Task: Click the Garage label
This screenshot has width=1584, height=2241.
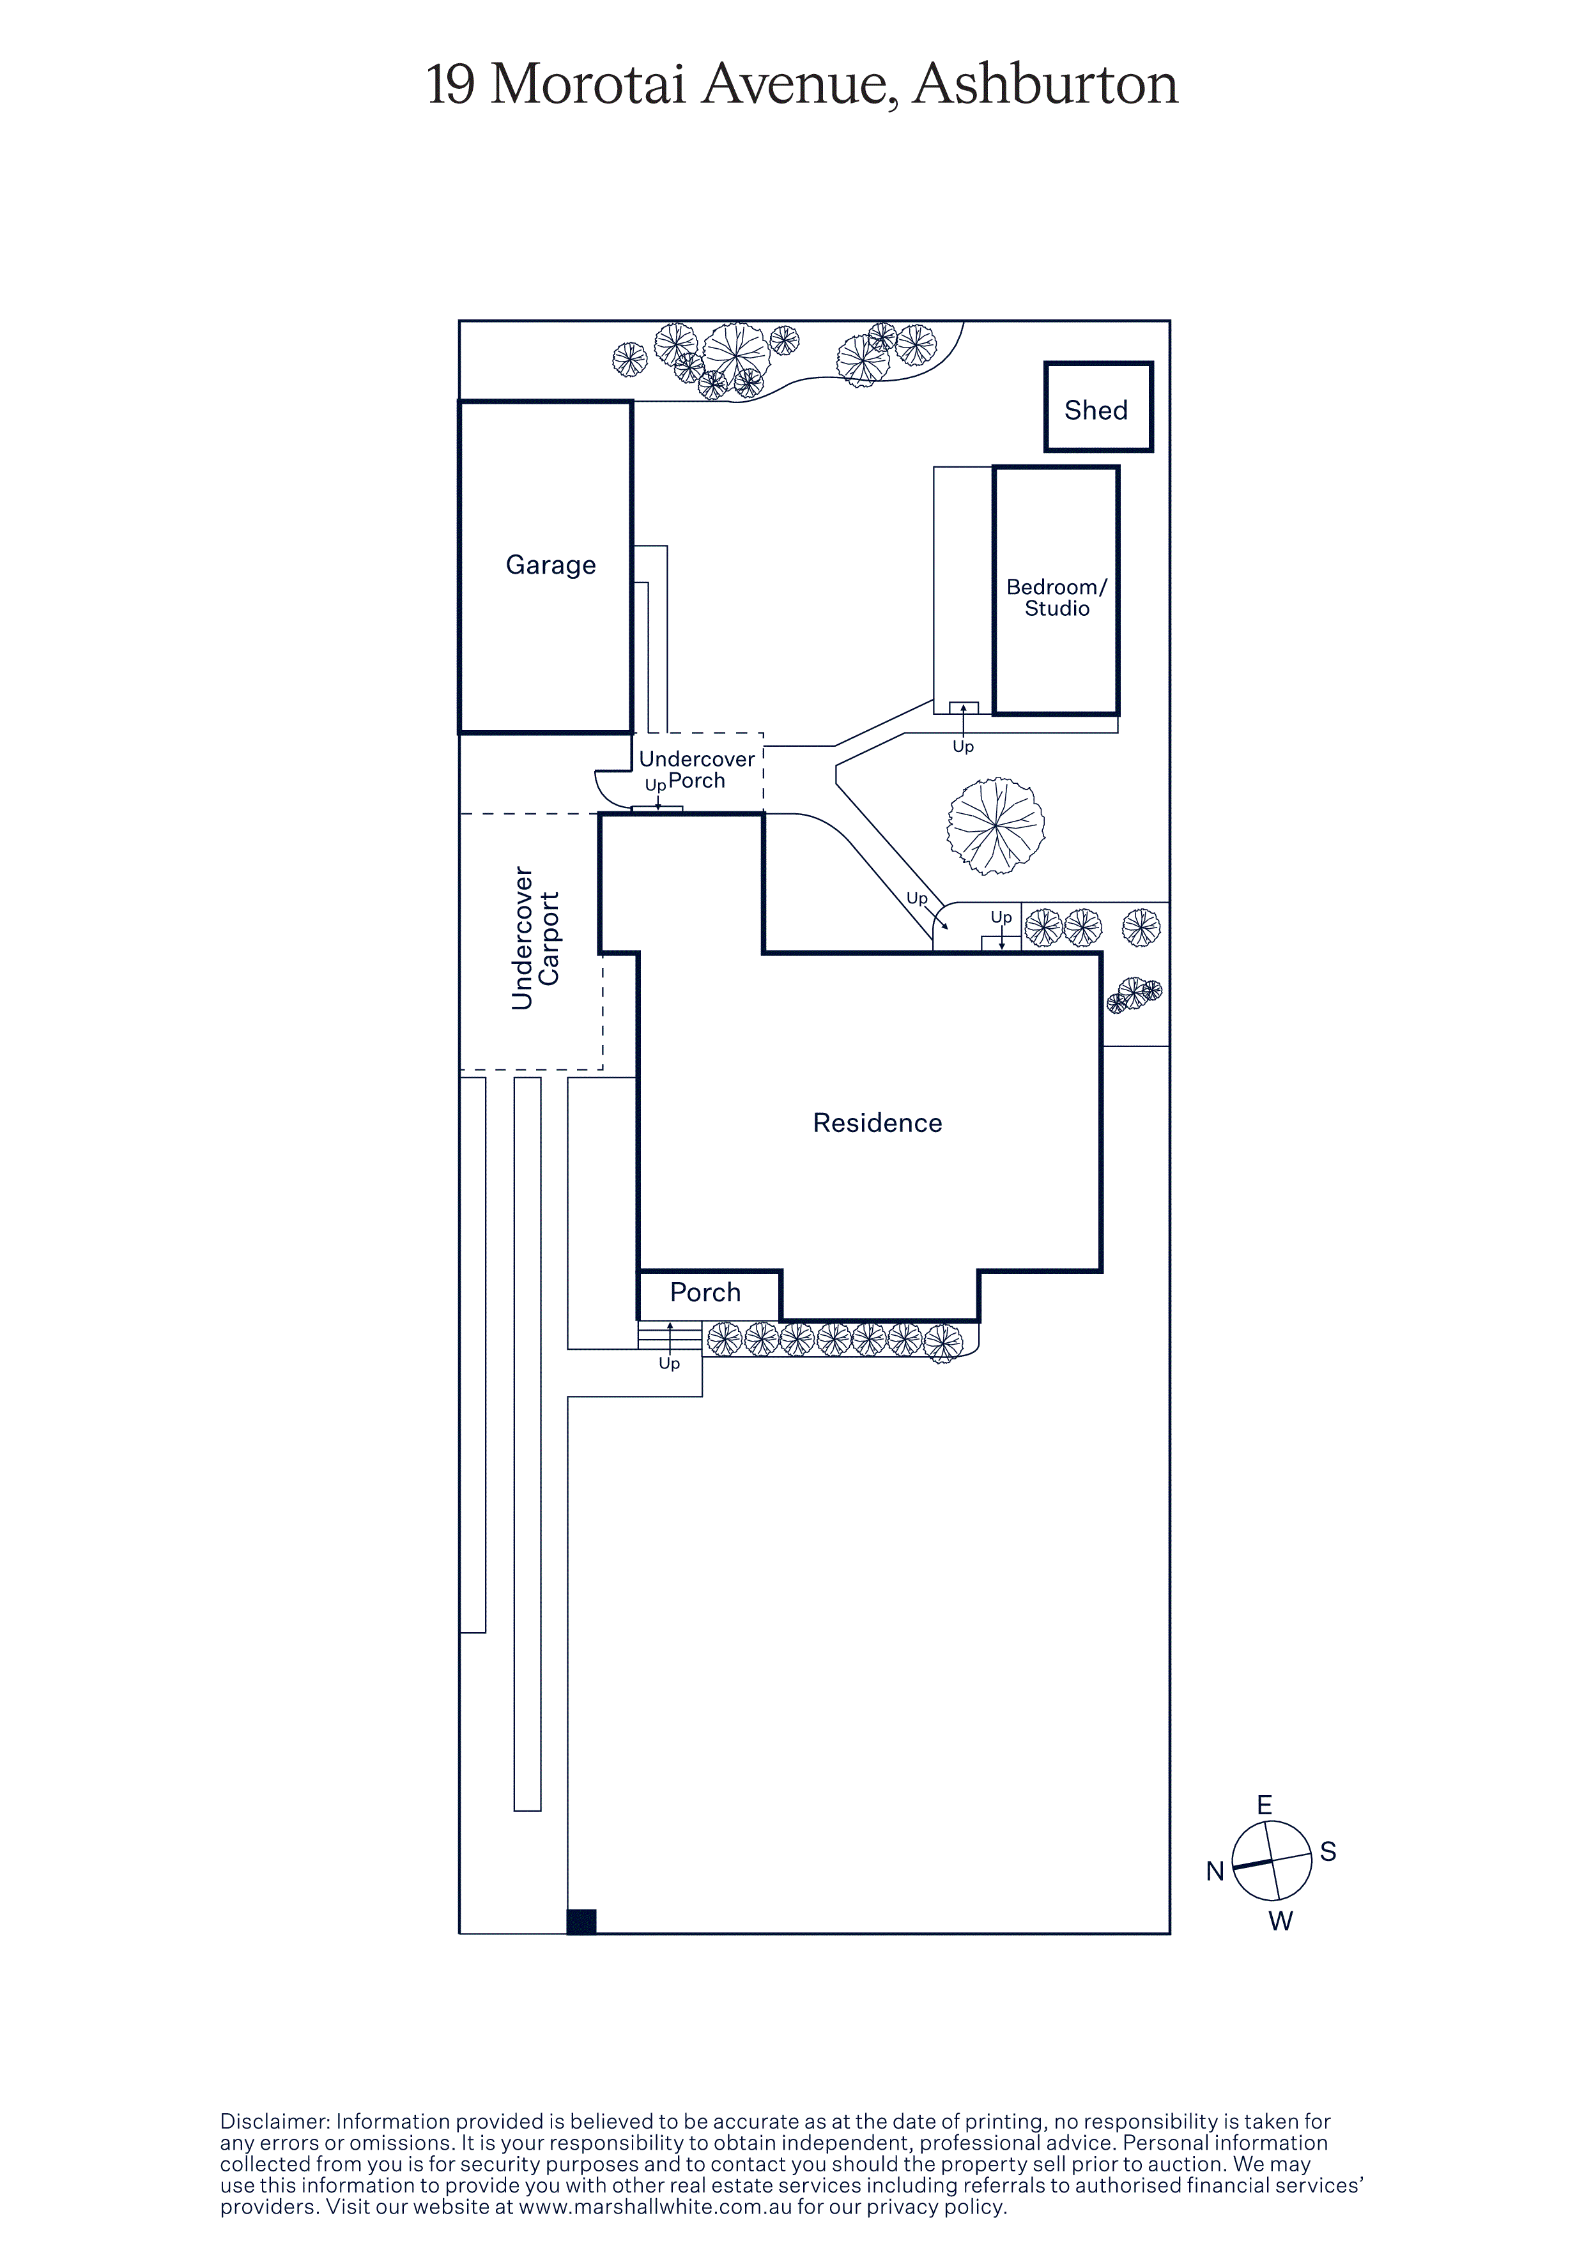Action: click(x=550, y=565)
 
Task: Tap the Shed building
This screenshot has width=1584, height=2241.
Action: click(x=1098, y=407)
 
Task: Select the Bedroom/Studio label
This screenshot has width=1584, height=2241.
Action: click(x=1057, y=597)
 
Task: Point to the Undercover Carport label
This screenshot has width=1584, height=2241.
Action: click(x=536, y=937)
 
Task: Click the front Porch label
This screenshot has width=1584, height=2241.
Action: click(x=705, y=1292)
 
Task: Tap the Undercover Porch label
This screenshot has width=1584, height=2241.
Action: click(x=696, y=769)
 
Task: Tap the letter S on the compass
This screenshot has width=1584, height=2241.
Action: click(x=1328, y=1851)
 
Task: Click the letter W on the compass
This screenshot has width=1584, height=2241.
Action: click(x=1280, y=1921)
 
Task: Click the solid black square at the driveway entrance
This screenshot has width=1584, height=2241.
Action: click(x=581, y=1921)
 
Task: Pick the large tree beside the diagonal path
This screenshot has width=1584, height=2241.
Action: click(x=996, y=826)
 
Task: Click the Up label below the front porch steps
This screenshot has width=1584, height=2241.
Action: click(x=670, y=1363)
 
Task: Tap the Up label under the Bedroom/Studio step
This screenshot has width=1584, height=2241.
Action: click(x=964, y=747)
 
